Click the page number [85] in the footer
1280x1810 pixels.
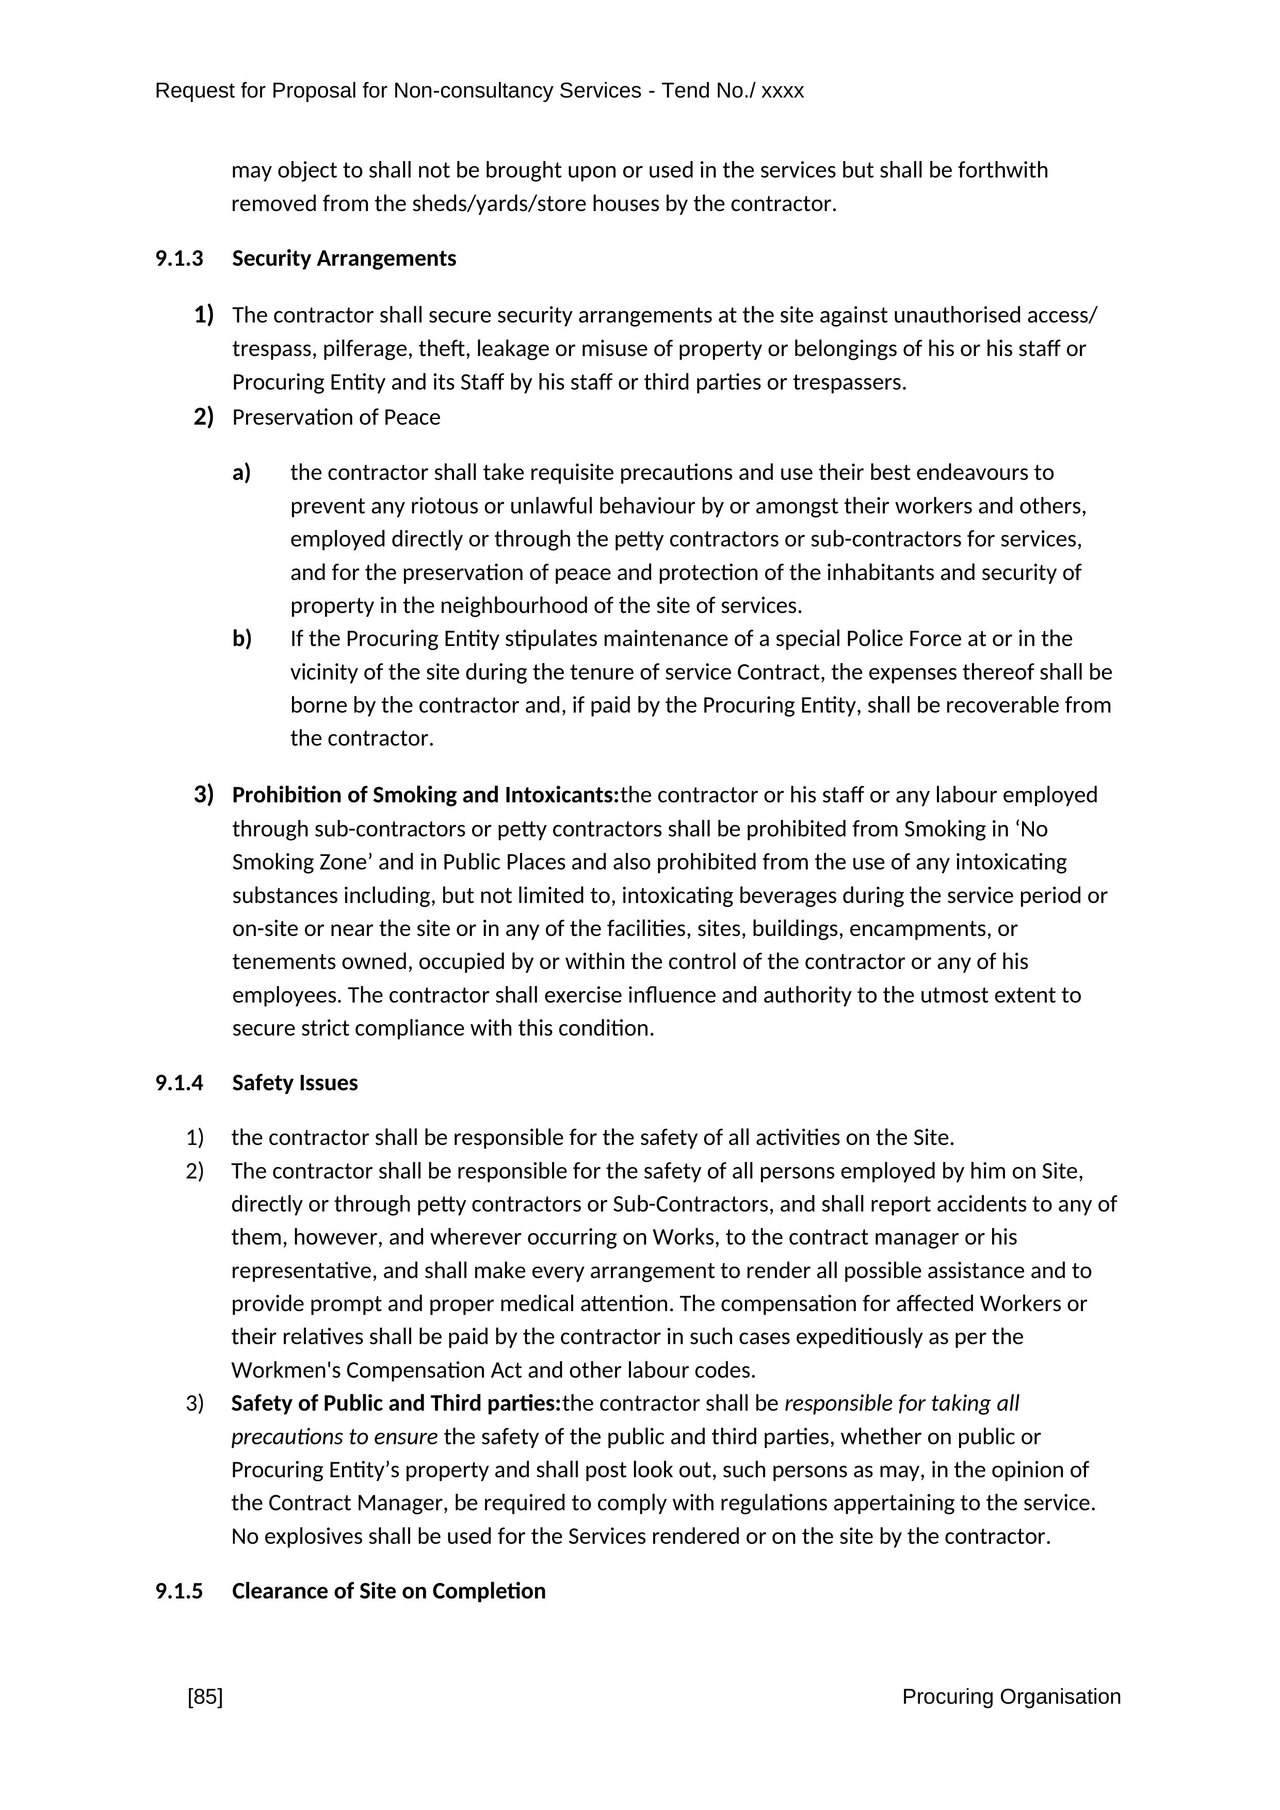point(205,1696)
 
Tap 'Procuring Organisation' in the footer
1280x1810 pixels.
point(1011,1696)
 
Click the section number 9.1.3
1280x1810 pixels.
point(179,258)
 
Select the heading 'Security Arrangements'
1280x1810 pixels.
point(344,258)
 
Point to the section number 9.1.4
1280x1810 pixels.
point(179,1082)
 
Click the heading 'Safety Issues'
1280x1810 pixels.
point(295,1082)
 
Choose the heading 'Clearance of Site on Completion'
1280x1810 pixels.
point(388,1591)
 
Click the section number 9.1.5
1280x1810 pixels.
point(179,1591)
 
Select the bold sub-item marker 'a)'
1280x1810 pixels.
point(241,472)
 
